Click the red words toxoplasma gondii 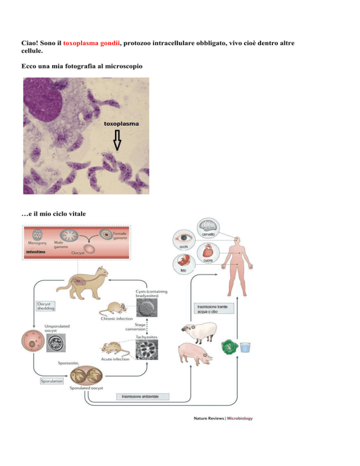pyautogui.click(x=91, y=43)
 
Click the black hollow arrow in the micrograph pyautogui.click(x=118, y=140)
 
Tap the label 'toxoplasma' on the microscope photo pyautogui.click(x=121, y=124)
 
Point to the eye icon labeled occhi pyautogui.click(x=184, y=239)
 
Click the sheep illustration pyautogui.click(x=199, y=331)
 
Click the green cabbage pyautogui.click(x=230, y=347)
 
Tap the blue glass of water pyautogui.click(x=245, y=347)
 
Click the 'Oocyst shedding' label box pyautogui.click(x=45, y=306)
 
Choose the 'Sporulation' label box pyautogui.click(x=52, y=381)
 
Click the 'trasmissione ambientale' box pyautogui.click(x=142, y=397)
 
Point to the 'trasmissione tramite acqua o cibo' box pyautogui.click(x=214, y=309)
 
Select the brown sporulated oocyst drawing pyautogui.click(x=87, y=376)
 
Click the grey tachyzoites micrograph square pyautogui.click(x=147, y=350)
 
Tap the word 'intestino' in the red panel pyautogui.click(x=36, y=252)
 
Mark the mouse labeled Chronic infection pyautogui.click(x=113, y=308)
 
